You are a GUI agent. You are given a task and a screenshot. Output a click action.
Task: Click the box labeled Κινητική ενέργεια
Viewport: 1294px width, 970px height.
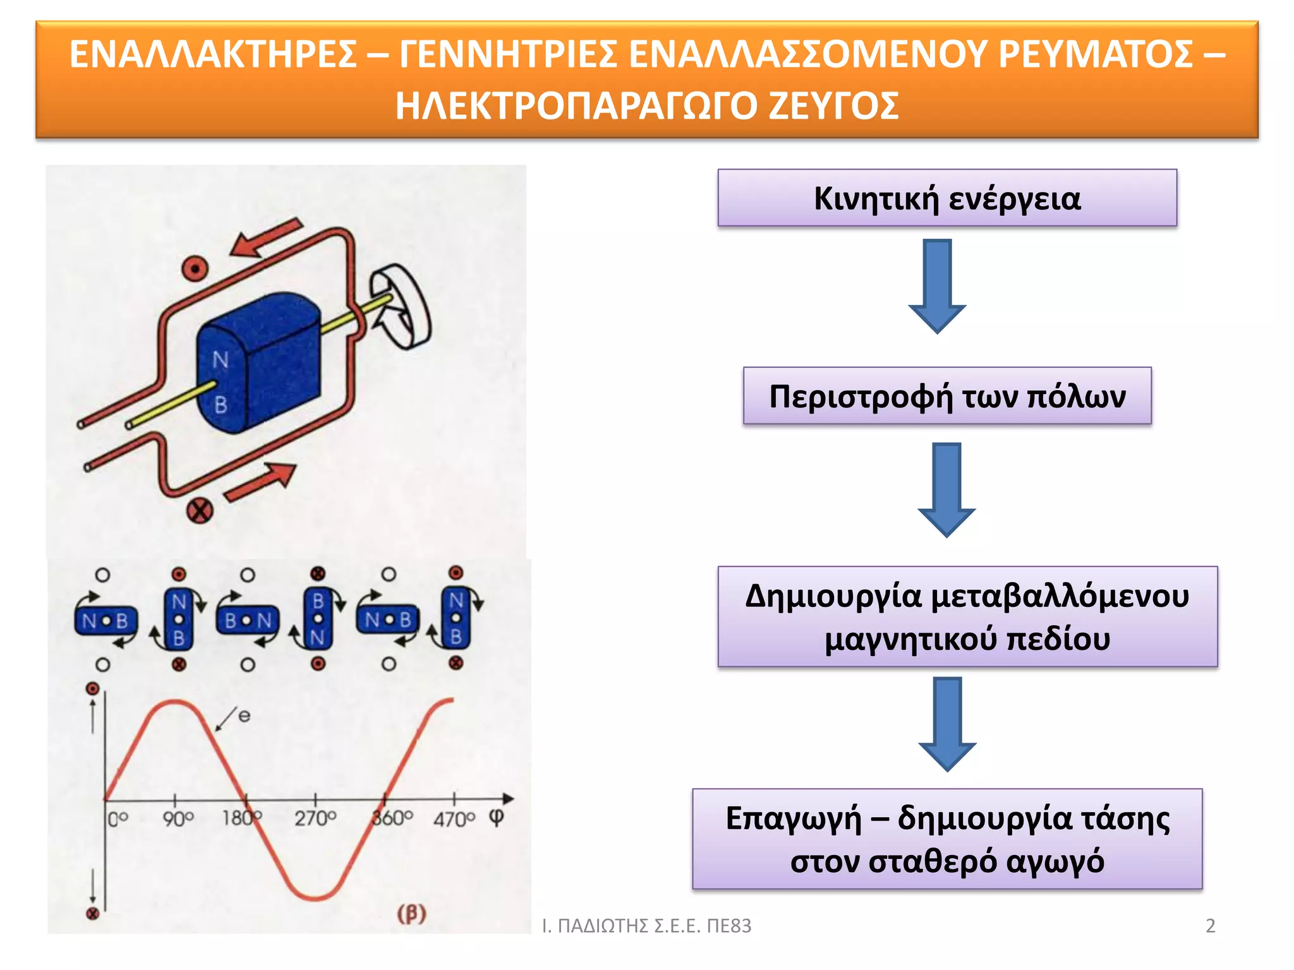click(946, 198)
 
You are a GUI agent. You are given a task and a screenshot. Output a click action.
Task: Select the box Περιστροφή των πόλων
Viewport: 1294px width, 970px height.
click(946, 396)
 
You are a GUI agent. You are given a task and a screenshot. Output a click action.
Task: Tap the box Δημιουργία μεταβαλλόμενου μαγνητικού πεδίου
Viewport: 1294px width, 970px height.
click(967, 616)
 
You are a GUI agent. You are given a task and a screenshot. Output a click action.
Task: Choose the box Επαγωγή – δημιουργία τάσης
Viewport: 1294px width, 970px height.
click(946, 839)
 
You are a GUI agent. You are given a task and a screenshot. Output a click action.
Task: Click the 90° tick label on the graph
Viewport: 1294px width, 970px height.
click(178, 819)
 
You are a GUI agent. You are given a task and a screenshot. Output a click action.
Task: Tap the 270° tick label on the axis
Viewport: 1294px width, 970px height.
click(315, 819)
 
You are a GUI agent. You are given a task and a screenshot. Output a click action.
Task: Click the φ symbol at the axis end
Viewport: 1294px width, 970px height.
click(497, 817)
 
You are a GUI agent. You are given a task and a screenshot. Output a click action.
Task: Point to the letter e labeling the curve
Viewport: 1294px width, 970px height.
click(244, 716)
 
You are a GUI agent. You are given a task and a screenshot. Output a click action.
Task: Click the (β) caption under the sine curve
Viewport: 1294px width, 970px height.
click(411, 913)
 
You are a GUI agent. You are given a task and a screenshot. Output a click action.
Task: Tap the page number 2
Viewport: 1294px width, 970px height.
click(1210, 926)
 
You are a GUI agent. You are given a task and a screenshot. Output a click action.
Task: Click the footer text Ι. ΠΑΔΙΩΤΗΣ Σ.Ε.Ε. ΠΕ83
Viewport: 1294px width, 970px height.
click(646, 926)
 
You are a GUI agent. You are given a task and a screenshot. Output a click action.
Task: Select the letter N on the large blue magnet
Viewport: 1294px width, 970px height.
click(220, 360)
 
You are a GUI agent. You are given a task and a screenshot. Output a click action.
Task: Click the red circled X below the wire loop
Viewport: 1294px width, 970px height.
click(200, 510)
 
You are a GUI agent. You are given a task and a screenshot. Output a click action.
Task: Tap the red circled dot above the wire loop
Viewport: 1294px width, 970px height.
click(195, 269)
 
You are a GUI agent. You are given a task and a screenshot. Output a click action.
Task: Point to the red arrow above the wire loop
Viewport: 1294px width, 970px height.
click(265, 239)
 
